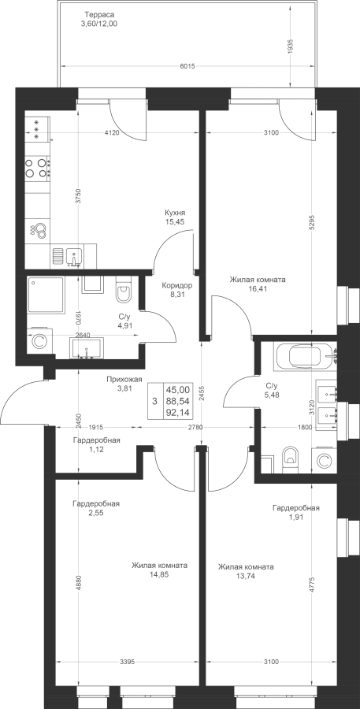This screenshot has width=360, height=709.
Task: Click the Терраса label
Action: point(98,14)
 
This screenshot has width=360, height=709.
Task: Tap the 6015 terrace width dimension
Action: point(187,66)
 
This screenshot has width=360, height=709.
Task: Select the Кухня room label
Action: point(175,212)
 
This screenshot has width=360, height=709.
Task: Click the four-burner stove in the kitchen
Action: point(38,167)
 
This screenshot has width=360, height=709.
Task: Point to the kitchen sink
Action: point(73,258)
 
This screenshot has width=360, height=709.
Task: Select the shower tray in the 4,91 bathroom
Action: point(45,295)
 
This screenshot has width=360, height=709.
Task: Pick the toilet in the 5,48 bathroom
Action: point(289,460)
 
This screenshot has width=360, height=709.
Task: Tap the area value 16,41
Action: point(257,288)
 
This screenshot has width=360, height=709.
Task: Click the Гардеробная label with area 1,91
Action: point(295,508)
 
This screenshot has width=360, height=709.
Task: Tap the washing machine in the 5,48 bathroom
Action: point(324,461)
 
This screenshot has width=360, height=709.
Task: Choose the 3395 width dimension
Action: point(127,663)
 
